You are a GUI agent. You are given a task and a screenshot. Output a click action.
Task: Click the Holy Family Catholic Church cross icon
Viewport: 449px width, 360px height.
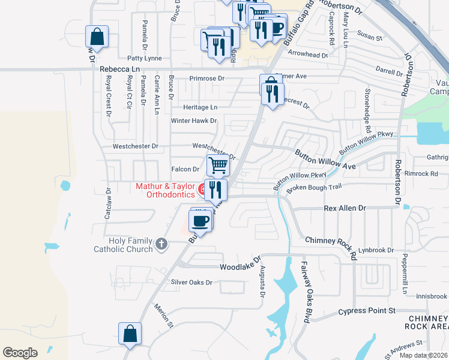(160, 244)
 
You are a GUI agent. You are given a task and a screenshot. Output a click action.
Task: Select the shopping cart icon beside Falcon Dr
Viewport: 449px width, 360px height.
(218, 164)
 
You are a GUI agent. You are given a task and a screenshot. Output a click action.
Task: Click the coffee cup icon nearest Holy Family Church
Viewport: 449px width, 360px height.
(200, 220)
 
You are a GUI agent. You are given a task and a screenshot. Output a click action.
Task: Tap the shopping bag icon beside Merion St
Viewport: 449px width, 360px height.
(130, 333)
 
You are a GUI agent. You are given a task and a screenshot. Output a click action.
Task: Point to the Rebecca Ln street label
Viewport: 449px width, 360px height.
(119, 70)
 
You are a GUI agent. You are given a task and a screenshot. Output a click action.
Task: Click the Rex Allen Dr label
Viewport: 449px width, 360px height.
(345, 208)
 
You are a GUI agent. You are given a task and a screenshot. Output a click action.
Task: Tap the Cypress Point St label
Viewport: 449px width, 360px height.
(367, 311)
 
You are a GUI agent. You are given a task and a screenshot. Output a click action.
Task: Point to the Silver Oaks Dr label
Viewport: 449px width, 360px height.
(192, 282)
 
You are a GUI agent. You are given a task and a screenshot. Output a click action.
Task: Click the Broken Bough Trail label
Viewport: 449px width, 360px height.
(313, 188)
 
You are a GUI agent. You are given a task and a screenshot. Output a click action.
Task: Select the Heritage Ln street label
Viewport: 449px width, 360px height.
(200, 107)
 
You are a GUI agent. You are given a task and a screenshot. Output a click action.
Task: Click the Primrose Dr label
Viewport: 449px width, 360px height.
(206, 79)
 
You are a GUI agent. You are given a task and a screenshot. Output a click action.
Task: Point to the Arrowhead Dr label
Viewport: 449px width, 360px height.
(308, 55)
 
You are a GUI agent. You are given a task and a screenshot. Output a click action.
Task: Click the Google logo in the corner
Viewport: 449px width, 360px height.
(20, 353)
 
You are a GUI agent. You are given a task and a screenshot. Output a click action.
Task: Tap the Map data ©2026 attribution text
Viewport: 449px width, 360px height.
(423, 355)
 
